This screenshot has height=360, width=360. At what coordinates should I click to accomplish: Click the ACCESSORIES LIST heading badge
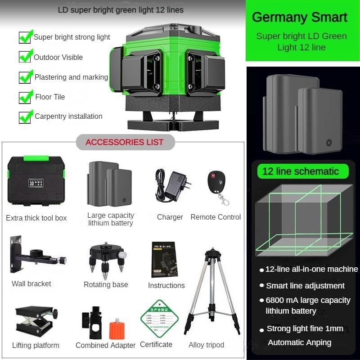(125, 142)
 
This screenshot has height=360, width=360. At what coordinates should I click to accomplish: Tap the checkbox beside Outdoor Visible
(25, 57)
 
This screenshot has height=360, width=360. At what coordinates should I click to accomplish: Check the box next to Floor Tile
(25, 97)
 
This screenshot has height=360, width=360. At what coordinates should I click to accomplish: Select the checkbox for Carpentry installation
(25, 117)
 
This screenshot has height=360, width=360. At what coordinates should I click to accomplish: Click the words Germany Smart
(300, 18)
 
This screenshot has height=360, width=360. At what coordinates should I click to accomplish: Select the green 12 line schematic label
(301, 171)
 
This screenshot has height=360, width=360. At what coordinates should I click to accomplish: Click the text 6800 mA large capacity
(308, 300)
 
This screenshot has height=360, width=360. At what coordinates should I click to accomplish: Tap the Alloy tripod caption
(207, 345)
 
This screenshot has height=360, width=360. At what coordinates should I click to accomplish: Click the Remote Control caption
(216, 217)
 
